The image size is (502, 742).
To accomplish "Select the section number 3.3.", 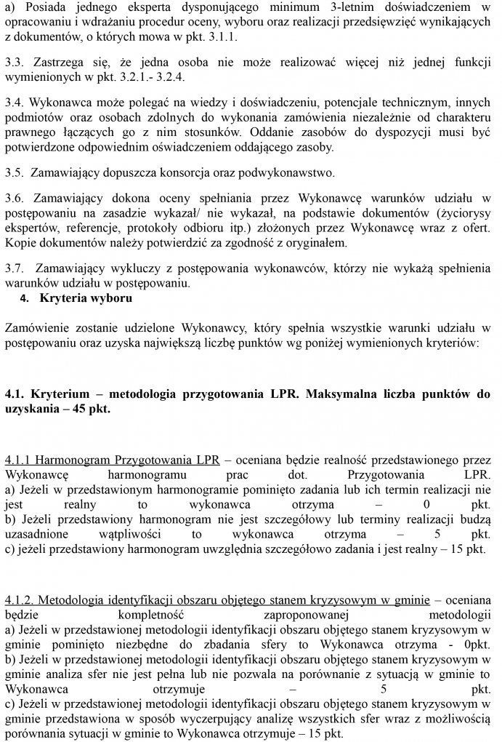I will (14, 62).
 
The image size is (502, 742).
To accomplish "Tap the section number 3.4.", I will (14, 103).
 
